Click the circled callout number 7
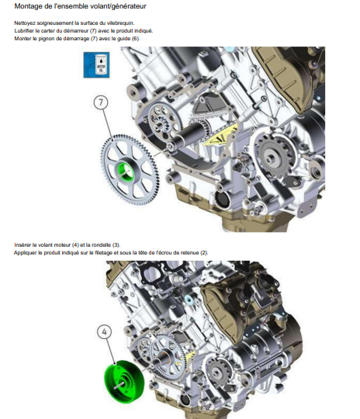(101, 102)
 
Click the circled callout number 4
(104, 331)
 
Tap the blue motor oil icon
(96, 65)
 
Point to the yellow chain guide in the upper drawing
(221, 136)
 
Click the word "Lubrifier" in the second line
(24, 31)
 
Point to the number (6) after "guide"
(136, 39)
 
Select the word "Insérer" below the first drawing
(22, 245)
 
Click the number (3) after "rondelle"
(116, 245)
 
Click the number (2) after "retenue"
(204, 253)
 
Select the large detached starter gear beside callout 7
(130, 170)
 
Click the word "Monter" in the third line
(22, 39)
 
